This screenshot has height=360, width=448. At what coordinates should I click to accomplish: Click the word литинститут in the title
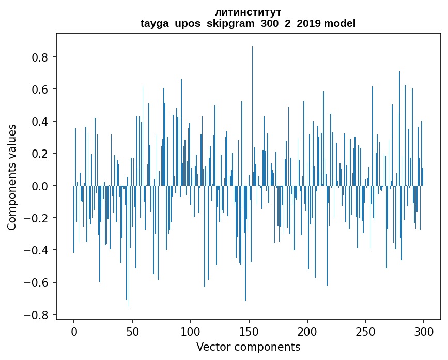click(248, 12)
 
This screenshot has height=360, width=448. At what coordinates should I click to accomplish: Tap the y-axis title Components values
click(12, 177)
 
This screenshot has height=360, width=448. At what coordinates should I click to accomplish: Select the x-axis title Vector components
click(248, 347)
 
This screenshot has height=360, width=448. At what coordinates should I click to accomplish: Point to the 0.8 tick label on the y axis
click(40, 57)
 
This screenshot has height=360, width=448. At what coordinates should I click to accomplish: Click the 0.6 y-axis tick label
click(40, 89)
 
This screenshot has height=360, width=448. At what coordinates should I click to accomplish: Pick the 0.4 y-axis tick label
click(40, 122)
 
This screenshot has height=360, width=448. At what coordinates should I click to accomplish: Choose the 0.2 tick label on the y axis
click(40, 154)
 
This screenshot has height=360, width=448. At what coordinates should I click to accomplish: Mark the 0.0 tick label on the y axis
click(40, 186)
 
